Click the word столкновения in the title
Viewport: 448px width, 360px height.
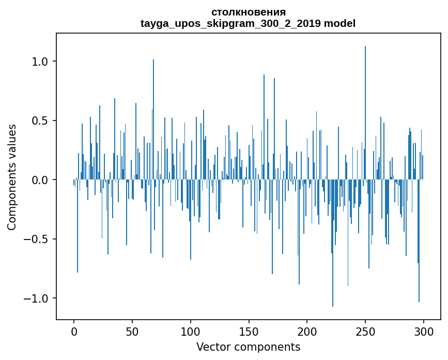click(x=248, y=12)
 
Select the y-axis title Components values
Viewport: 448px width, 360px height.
click(x=12, y=177)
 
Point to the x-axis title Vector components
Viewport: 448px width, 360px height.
click(x=248, y=347)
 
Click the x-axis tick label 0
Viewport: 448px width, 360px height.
click(x=74, y=331)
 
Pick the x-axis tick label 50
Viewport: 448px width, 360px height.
click(x=132, y=331)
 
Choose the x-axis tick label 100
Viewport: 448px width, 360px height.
click(x=191, y=331)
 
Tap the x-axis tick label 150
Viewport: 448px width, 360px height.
click(x=249, y=331)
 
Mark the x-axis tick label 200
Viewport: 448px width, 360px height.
click(x=307, y=331)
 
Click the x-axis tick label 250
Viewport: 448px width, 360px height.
click(x=365, y=331)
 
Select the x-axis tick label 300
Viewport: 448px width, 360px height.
click(x=424, y=331)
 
